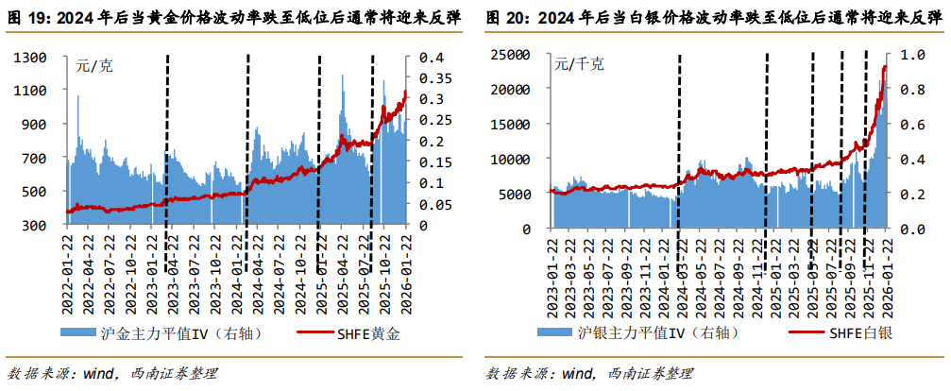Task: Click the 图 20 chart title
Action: coord(708,17)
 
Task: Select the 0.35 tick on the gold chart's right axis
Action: coord(433,78)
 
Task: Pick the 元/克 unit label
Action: coord(94,66)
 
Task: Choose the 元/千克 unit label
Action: coord(579,64)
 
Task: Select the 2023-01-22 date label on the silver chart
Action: coord(553,257)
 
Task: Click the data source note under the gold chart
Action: coord(112,373)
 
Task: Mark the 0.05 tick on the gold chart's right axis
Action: coord(433,205)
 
